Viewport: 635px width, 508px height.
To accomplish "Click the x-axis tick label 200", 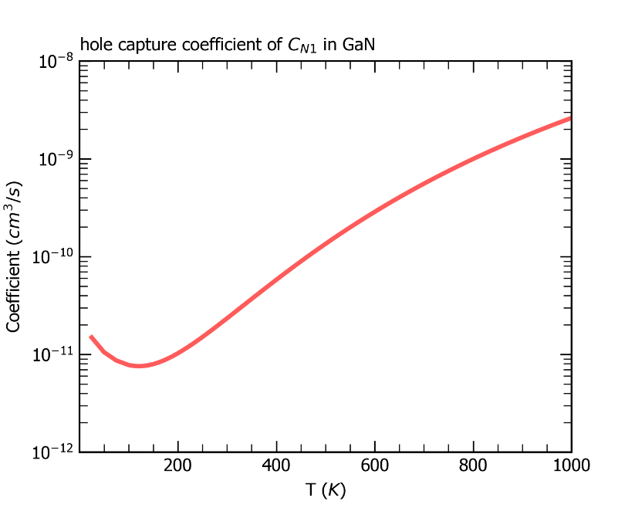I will pyautogui.click(x=177, y=466).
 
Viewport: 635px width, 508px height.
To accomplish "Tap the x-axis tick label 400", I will pyautogui.click(x=276, y=466).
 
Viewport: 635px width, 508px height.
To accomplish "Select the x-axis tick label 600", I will pyautogui.click(x=374, y=466).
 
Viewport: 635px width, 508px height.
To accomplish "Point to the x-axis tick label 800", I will pyautogui.click(x=473, y=466).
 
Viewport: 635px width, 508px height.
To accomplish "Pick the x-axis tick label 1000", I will pyautogui.click(x=567, y=466).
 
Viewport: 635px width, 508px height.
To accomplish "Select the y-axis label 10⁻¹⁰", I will pyautogui.click(x=52, y=257).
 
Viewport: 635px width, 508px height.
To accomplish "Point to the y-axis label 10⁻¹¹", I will pyautogui.click(x=52, y=355).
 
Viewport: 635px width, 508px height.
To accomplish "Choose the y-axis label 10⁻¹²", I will pyautogui.click(x=52, y=453).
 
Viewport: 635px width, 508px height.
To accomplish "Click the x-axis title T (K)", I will pyautogui.click(x=325, y=489).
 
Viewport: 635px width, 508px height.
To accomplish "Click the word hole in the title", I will pyautogui.click(x=94, y=47).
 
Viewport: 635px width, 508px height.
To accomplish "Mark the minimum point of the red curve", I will pyautogui.click(x=139, y=366).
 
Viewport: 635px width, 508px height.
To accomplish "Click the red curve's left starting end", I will pyautogui.click(x=90, y=336).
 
